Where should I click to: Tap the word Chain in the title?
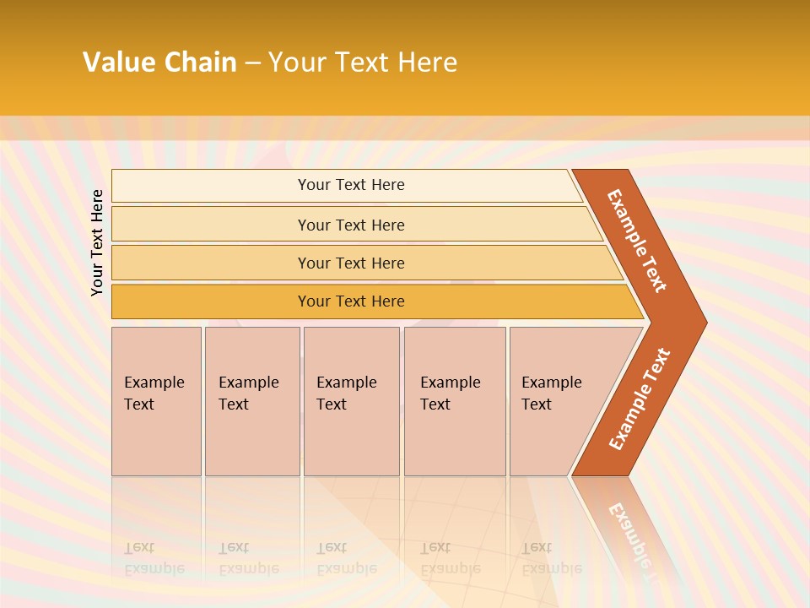201,62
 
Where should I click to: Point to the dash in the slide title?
252,63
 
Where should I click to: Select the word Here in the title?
427,62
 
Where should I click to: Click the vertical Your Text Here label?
97,242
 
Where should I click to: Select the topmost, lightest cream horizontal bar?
350,185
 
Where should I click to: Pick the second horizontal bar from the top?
350,225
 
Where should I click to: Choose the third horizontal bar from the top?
350,263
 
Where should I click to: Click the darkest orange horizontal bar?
350,301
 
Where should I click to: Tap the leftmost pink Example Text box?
156,401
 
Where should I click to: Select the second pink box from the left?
252,401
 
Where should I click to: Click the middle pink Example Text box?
351,401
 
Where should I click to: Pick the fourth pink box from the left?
455,401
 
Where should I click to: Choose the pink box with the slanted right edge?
557,401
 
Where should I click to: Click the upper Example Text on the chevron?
637,241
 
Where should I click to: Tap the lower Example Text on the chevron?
640,399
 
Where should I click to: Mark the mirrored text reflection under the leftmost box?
154,558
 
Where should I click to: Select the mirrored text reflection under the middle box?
346,558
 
